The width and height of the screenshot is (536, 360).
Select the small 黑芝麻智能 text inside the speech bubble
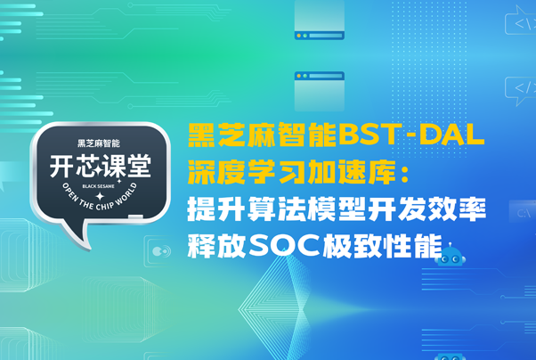click(x=99, y=143)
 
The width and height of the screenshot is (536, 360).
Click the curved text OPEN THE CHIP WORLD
click(x=100, y=200)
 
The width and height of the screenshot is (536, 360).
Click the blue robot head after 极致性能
click(x=451, y=258)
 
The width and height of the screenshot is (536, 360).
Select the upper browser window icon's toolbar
click(x=319, y=37)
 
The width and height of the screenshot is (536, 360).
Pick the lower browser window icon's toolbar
click(x=319, y=77)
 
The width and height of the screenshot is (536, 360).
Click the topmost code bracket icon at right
click(x=519, y=23)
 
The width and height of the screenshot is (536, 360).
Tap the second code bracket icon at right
click(x=519, y=87)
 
